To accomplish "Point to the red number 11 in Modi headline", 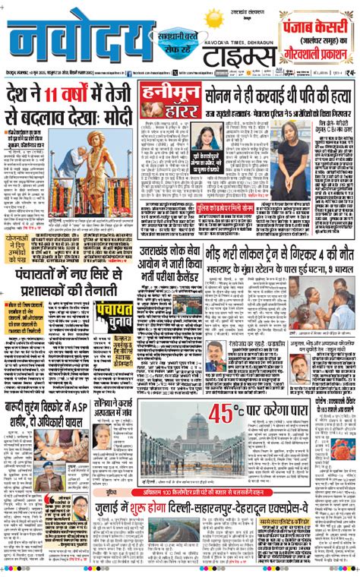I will pyautogui.click(x=54, y=96).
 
